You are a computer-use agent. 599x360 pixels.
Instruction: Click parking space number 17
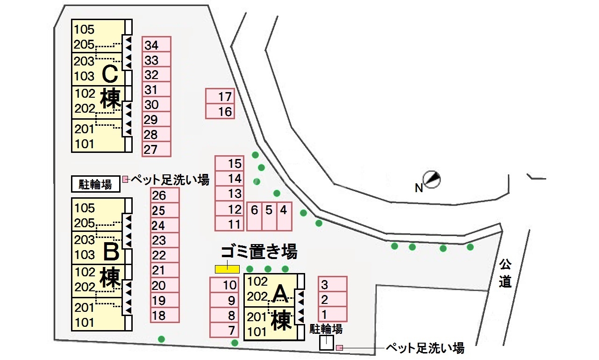[x=220, y=97]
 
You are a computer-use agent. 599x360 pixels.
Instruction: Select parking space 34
[x=157, y=45]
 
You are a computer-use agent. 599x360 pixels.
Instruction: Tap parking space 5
[x=269, y=216]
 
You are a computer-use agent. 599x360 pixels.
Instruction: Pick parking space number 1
[x=332, y=314]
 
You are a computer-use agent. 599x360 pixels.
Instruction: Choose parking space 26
[x=165, y=196]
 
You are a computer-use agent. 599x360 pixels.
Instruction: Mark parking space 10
[x=224, y=285]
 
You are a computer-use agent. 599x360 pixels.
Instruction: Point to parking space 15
[x=229, y=164]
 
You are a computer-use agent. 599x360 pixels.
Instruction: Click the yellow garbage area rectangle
[x=227, y=269]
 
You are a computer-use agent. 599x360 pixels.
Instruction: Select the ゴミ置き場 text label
[x=259, y=253]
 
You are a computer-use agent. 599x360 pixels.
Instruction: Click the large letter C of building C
[x=111, y=74]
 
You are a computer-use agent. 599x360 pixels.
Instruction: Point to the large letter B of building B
[x=111, y=252]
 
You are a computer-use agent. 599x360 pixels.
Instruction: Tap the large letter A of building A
[x=280, y=293]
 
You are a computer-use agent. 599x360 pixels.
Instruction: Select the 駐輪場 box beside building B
[x=95, y=184]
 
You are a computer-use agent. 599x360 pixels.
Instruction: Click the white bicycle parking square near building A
[x=326, y=343]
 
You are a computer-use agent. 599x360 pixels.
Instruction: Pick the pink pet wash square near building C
[x=125, y=179]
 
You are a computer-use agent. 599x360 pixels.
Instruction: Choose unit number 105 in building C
[x=84, y=30]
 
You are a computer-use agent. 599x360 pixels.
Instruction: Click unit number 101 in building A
[x=257, y=332]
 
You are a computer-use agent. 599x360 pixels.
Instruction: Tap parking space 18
[x=165, y=315]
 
